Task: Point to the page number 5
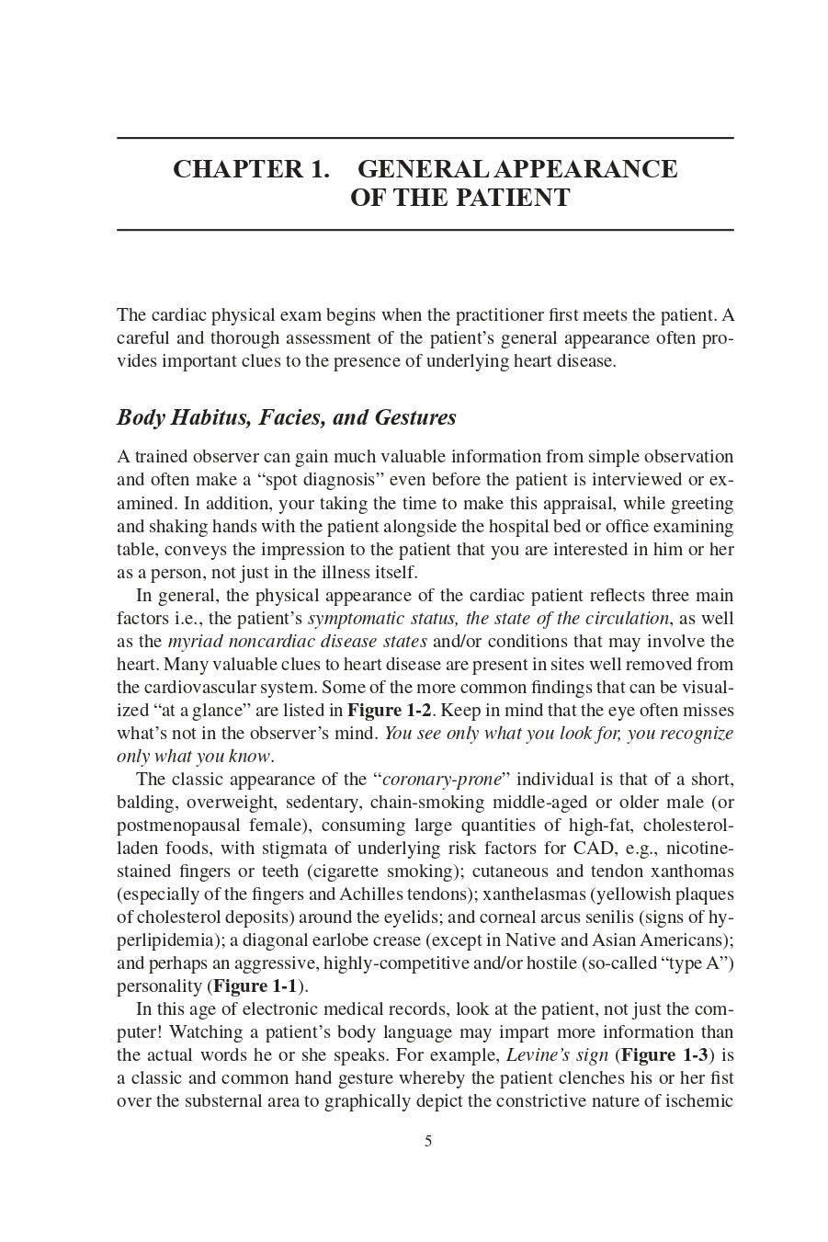click(428, 1142)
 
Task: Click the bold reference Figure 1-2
click(389, 711)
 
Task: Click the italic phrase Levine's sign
click(557, 1055)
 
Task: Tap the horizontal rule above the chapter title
click(425, 139)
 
